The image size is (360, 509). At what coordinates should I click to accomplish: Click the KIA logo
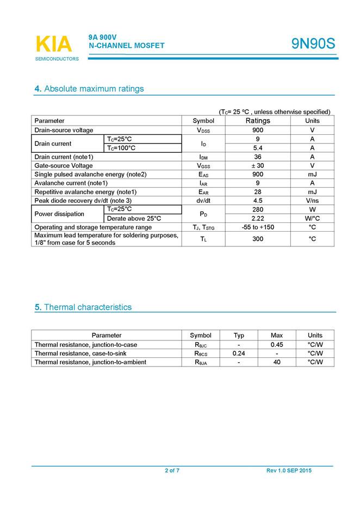pos(53,45)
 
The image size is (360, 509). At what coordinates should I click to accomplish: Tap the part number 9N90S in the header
pos(313,44)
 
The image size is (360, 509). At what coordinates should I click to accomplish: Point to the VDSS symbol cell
pos(203,131)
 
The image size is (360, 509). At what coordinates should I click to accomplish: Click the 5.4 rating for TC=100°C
pos(258,148)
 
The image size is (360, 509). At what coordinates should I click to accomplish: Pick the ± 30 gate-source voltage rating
pos(258,165)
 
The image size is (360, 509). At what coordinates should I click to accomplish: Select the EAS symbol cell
pos(203,175)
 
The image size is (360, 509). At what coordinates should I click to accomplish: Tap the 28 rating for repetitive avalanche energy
pos(258,192)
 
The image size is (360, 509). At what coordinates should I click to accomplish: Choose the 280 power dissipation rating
pos(258,209)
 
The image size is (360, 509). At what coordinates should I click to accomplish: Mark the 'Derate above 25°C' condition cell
pos(134,218)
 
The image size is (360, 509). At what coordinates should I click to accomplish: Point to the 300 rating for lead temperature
pos(258,239)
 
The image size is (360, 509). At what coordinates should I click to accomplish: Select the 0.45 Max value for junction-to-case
pos(277,345)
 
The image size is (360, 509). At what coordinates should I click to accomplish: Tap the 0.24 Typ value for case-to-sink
pos(239,353)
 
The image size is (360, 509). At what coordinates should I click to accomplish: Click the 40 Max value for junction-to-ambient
pos(277,362)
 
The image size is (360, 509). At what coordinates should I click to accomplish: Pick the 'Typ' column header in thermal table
pos(239,336)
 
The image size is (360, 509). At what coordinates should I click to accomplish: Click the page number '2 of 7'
pos(172,471)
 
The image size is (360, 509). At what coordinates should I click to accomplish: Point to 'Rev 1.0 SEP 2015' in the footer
pos(289,471)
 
